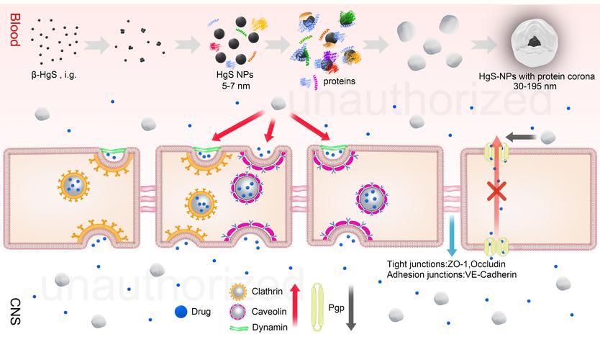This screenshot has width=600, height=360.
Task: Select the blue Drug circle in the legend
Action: (x=181, y=312)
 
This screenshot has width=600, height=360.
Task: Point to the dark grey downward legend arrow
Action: (x=352, y=308)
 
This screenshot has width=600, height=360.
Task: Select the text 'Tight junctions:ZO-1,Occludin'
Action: (x=451, y=264)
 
